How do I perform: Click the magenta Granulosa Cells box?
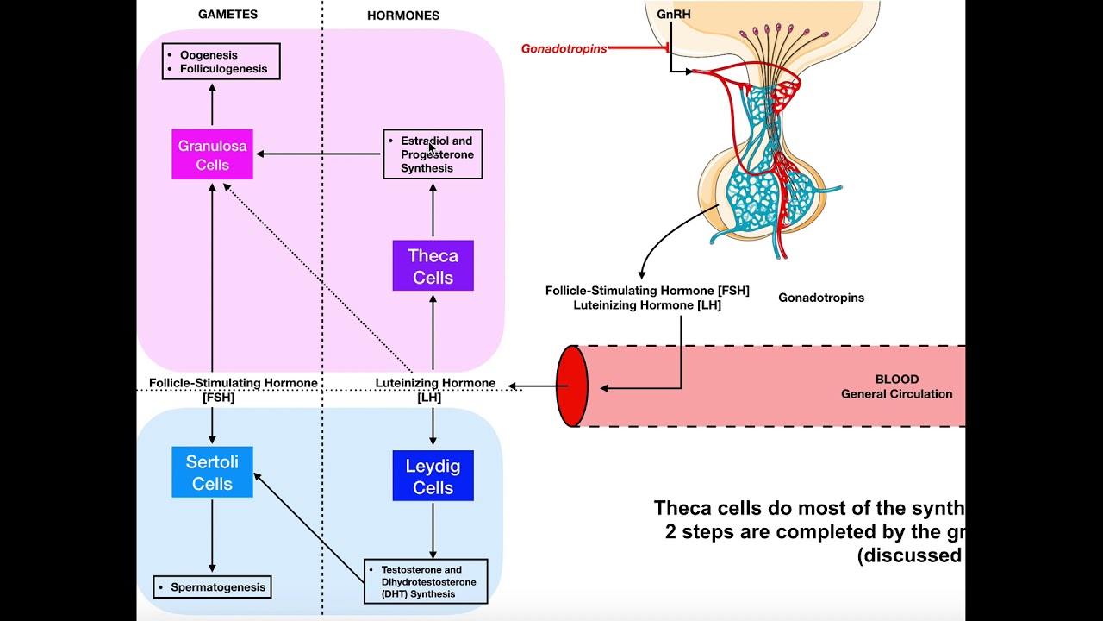pos(212,154)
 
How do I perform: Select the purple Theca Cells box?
pos(433,266)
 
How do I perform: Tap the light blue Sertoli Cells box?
pos(212,472)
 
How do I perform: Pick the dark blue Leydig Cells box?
pos(433,476)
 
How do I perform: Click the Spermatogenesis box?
pos(212,587)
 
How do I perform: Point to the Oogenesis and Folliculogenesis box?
pos(221,61)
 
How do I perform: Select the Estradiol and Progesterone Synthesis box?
pos(433,154)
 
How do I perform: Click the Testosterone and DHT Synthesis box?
pos(426,581)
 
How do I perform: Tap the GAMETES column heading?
pos(227,15)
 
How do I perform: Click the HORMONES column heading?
pos(403,16)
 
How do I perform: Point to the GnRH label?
pos(674,15)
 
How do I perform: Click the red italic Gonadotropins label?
pos(564,49)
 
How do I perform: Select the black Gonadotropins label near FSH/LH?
pos(820,298)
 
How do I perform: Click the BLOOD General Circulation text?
pos(896,386)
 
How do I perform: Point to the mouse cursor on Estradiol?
pos(432,147)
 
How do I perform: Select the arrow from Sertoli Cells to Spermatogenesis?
pos(212,535)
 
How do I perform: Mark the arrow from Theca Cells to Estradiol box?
pos(433,210)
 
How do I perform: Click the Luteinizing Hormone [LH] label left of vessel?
pos(434,390)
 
